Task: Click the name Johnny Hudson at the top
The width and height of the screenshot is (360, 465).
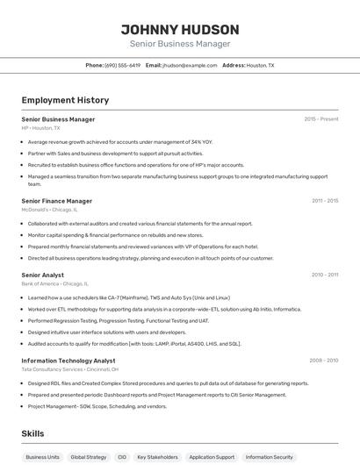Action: pyautogui.click(x=179, y=29)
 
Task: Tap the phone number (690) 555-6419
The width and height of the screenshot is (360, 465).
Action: pyautogui.click(x=122, y=65)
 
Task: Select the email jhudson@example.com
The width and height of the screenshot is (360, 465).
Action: pyautogui.click(x=190, y=65)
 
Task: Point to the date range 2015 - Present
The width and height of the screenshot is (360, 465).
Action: pyautogui.click(x=321, y=118)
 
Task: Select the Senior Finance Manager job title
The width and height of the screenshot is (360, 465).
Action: pyautogui.click(x=57, y=201)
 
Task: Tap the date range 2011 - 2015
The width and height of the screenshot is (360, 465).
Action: pyautogui.click(x=325, y=200)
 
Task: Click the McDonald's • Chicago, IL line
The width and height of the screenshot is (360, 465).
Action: pyautogui.click(x=49, y=210)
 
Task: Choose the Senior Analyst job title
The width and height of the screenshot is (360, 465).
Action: pyautogui.click(x=42, y=275)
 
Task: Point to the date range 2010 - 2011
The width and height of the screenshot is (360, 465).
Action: pyautogui.click(x=325, y=275)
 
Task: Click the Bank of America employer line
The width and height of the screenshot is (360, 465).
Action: pyautogui.click(x=54, y=283)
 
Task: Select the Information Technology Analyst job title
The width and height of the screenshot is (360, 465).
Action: pyautogui.click(x=68, y=361)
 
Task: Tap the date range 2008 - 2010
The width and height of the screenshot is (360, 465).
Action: pyautogui.click(x=324, y=360)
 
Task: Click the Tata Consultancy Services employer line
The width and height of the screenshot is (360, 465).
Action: pyautogui.click(x=69, y=369)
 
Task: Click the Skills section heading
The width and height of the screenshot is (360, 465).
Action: pyautogui.click(x=32, y=433)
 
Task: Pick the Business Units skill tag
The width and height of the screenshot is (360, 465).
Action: pyautogui.click(x=42, y=457)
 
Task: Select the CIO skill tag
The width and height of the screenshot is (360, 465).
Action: pyautogui.click(x=122, y=457)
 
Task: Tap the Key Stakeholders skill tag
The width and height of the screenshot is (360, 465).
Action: pyautogui.click(x=157, y=457)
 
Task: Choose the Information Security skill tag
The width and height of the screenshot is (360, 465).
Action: pyautogui.click(x=270, y=457)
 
